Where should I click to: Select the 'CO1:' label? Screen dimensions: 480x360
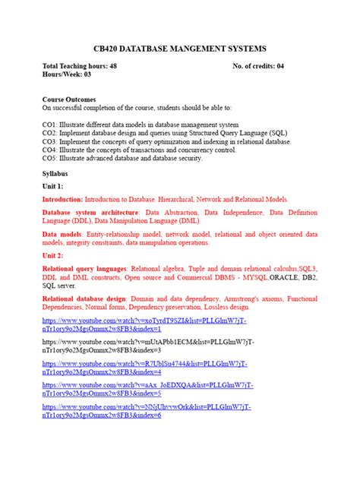(50, 125)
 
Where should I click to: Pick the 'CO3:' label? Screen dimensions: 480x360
(50, 141)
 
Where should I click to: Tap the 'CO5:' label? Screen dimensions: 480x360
(50, 158)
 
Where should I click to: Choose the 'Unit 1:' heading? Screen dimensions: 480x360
(53, 186)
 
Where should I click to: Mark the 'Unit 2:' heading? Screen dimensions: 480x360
(53, 257)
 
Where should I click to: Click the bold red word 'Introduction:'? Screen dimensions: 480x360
(63, 198)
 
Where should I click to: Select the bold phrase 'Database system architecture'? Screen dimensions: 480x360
(90, 212)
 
